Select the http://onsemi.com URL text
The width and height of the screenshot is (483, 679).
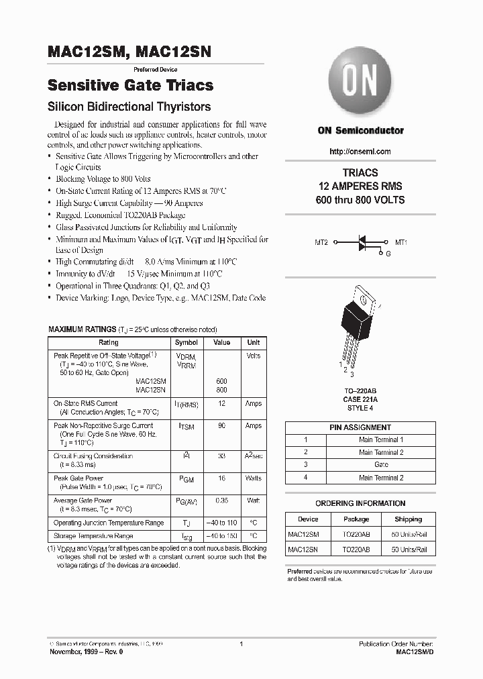tap(360, 152)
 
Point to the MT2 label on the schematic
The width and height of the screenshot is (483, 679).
tap(321, 242)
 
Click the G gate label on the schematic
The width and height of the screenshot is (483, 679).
tap(387, 254)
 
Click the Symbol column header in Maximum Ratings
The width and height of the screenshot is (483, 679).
tap(186, 342)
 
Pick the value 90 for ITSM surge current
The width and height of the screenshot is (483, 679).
tap(221, 426)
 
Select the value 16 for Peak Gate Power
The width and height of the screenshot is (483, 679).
tap(221, 479)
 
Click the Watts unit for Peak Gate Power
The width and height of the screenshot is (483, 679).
tap(253, 479)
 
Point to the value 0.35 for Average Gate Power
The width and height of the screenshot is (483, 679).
tap(221, 501)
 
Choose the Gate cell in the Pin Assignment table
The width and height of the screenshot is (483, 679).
tap(381, 464)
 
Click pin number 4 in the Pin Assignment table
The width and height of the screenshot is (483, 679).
tap(306, 477)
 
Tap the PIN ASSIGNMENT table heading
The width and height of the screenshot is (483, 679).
tap(360, 427)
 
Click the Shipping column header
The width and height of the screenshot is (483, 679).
tap(408, 519)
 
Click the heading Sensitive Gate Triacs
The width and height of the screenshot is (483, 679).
tap(131, 85)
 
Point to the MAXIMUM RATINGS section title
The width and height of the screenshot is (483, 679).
tap(82, 329)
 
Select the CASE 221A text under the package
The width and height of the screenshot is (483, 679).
tap(360, 399)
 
